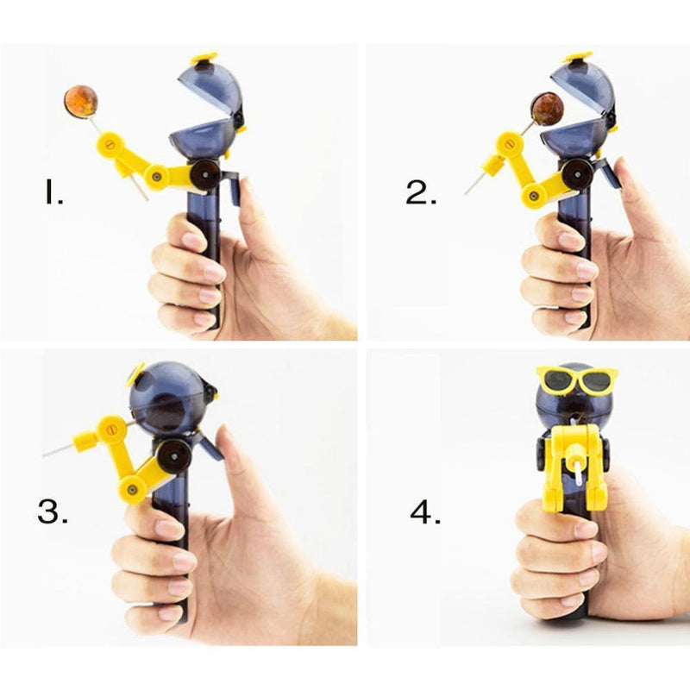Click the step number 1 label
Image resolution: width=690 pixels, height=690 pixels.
[x=53, y=193]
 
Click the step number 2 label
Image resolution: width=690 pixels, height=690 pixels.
[x=421, y=192]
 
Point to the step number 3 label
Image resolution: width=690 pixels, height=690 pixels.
[x=53, y=511]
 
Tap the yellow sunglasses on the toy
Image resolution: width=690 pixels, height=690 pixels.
[x=577, y=378]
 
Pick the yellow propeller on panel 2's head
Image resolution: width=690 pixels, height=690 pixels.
[x=579, y=58]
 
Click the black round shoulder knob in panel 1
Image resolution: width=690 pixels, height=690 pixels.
[x=204, y=174]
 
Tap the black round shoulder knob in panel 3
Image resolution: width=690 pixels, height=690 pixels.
[x=174, y=456]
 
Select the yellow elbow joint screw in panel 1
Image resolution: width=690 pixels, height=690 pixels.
[x=156, y=177]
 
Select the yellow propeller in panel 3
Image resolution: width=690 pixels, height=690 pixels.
[x=135, y=374]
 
